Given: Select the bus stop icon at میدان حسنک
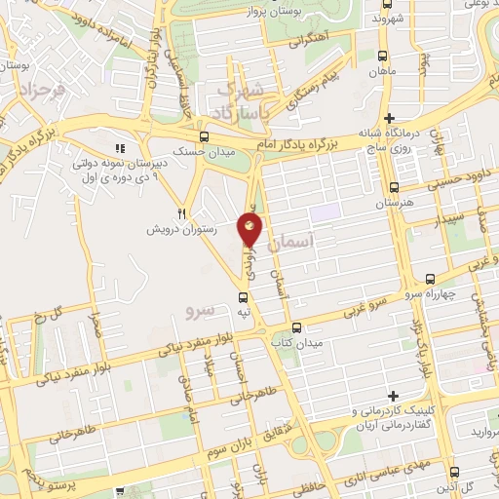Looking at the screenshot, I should tap(204, 137).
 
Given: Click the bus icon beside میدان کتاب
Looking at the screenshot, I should tap(297, 327).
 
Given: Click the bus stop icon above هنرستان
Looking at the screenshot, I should tap(394, 187).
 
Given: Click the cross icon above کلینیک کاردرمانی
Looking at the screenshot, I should tap(393, 396).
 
